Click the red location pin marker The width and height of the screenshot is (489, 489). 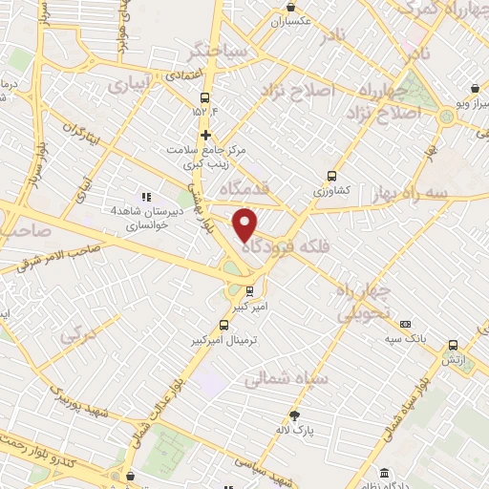coord(245,223)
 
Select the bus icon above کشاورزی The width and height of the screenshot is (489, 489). coord(331,176)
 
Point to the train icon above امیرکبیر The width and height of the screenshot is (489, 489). coord(249,291)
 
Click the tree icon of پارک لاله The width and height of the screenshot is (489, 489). coord(294,415)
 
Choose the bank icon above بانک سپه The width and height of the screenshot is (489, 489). coord(406,324)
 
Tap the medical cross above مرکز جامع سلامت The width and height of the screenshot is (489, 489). coord(205,135)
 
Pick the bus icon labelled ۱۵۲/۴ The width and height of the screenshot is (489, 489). coord(205,97)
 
